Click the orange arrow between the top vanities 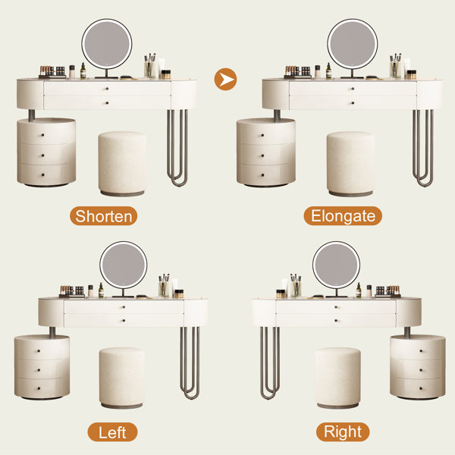[225, 79]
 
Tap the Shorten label [104, 216]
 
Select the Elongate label [343, 216]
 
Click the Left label [112, 432]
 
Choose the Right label [343, 431]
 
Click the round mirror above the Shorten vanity [107, 44]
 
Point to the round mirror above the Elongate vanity [353, 44]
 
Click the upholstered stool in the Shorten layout [122, 164]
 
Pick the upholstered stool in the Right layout [338, 378]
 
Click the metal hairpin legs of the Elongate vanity [423, 148]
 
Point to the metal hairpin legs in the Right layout [270, 363]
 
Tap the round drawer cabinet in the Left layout [42, 367]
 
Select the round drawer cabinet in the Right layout [418, 367]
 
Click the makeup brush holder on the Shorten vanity [149, 65]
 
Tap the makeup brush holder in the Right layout [296, 286]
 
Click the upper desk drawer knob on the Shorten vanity [108, 89]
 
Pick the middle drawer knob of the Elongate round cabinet [262, 155]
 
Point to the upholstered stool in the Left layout [122, 378]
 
